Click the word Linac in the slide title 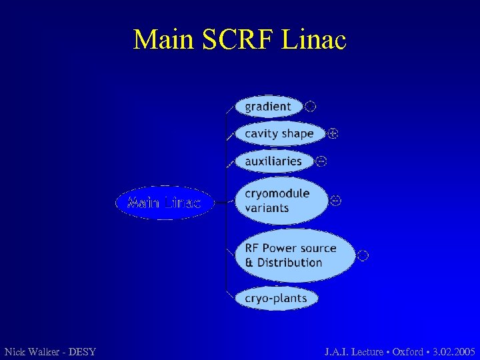pyautogui.click(x=315, y=40)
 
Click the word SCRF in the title pyautogui.click(x=238, y=40)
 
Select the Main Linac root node pyautogui.click(x=164, y=203)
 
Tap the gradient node pyautogui.click(x=268, y=106)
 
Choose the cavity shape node pyautogui.click(x=279, y=133)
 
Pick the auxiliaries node pyautogui.click(x=273, y=161)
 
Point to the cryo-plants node pyautogui.click(x=276, y=298)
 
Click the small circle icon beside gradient pyautogui.click(x=310, y=106)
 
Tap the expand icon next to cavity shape pyautogui.click(x=333, y=133)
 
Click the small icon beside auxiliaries pyautogui.click(x=321, y=161)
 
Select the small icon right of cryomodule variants pyautogui.click(x=336, y=201)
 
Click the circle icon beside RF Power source pyautogui.click(x=363, y=255)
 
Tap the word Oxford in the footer pyautogui.click(x=407, y=351)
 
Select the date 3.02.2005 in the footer pyautogui.click(x=453, y=351)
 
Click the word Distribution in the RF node pyautogui.click(x=289, y=263)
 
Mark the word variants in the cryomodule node pyautogui.click(x=267, y=208)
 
